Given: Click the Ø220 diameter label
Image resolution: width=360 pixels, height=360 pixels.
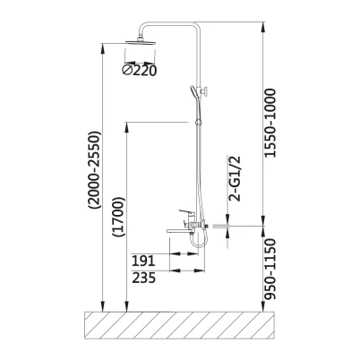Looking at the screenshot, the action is click(x=139, y=70).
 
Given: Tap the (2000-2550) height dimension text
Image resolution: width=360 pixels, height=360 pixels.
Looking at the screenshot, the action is click(x=94, y=169).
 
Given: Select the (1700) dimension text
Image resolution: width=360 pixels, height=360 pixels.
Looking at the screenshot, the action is click(x=118, y=217).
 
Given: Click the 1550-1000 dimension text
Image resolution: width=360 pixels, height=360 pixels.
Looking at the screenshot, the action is click(x=270, y=123).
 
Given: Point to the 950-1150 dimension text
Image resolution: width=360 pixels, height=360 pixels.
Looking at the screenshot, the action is click(x=270, y=269).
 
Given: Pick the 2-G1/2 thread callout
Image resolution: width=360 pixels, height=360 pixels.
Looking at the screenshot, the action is click(x=235, y=178).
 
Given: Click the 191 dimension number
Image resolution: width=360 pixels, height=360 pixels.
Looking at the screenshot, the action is click(x=143, y=261).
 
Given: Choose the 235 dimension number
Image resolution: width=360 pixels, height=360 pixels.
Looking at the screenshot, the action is click(x=144, y=278).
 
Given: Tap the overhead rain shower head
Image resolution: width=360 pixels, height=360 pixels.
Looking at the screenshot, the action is click(x=141, y=41).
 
